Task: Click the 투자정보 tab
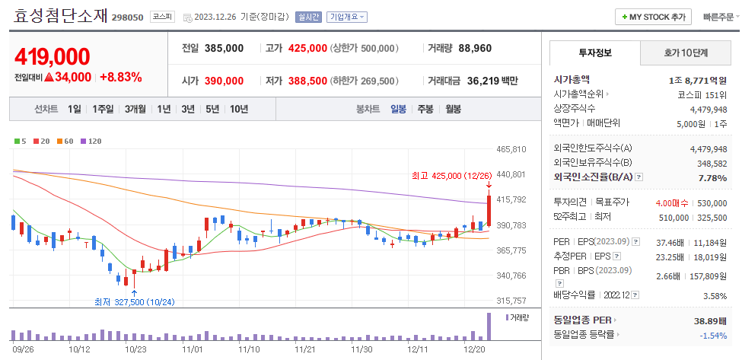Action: [x=594, y=53]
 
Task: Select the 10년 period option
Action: [x=238, y=109]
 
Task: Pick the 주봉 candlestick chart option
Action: [x=425, y=109]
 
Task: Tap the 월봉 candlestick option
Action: [x=453, y=109]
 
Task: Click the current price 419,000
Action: [x=52, y=56]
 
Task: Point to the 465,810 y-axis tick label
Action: [x=511, y=149]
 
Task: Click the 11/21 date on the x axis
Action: [x=305, y=349]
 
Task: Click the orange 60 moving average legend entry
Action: [x=65, y=141]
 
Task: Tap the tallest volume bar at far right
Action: [x=489, y=326]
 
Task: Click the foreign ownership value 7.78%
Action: [x=712, y=178]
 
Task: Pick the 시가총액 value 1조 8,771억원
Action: [x=698, y=79]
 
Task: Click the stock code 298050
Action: [x=128, y=17]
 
